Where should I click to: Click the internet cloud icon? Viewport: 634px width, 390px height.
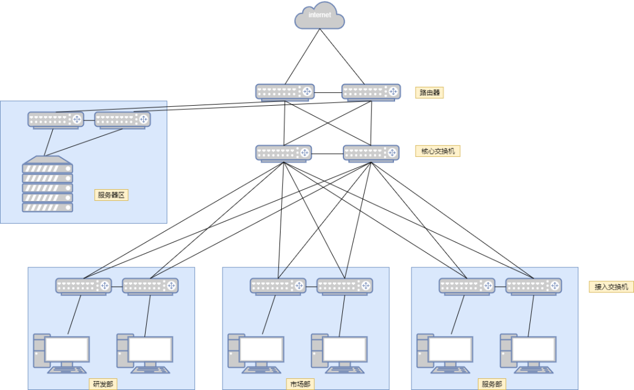(319, 16)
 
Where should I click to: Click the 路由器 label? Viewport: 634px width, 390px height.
(430, 93)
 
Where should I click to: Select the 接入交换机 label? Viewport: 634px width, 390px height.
(611, 287)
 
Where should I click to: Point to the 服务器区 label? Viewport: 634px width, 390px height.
(111, 195)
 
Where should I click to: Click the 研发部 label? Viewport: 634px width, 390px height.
(103, 385)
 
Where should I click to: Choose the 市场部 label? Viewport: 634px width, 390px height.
(299, 385)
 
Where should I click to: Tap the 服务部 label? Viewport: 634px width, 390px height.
(491, 385)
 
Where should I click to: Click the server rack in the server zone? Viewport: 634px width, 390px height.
(48, 184)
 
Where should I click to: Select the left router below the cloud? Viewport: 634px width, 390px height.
(285, 92)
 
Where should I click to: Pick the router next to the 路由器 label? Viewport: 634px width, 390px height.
(371, 92)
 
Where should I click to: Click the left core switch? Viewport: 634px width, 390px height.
(284, 153)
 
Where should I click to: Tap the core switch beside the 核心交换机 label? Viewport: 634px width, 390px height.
(371, 153)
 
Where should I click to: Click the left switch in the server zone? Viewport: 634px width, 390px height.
(56, 120)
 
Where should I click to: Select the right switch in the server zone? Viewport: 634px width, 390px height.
(123, 120)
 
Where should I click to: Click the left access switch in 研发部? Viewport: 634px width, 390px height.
(83, 286)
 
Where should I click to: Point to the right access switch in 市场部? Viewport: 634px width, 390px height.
(345, 286)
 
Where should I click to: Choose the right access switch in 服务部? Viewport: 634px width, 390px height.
(534, 286)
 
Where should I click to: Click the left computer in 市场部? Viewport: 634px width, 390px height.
(255, 354)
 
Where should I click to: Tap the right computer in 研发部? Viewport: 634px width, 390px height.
(145, 354)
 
